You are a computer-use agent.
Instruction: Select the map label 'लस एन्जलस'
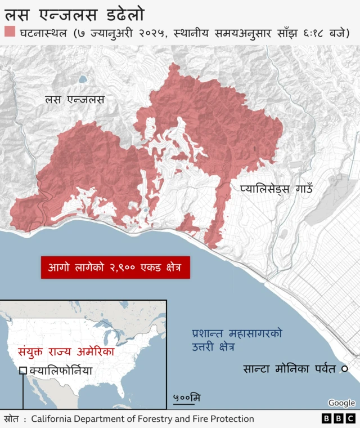pos(74,100)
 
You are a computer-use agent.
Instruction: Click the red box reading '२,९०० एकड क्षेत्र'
pos(115,267)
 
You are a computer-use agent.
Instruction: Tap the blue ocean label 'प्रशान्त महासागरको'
pos(237,332)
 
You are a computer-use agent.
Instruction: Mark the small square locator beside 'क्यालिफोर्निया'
pos(23,371)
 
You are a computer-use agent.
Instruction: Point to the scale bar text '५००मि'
pos(187,398)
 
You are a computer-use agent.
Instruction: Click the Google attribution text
pos(341,403)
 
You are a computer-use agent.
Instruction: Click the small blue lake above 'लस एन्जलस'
pos(83,79)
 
